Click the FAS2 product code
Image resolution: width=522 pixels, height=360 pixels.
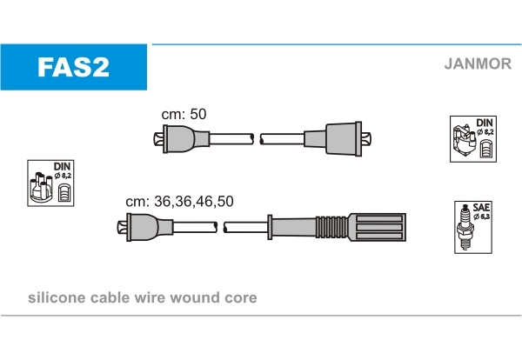[74, 67]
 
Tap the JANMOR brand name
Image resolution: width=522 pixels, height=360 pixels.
[478, 63]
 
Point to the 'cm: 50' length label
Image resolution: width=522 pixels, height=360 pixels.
[184, 114]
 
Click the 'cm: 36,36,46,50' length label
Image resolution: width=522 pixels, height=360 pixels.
[179, 201]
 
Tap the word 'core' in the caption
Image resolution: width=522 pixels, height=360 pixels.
[241, 298]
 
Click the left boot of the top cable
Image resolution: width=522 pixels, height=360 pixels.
[182, 139]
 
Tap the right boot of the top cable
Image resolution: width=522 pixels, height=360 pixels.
[338, 139]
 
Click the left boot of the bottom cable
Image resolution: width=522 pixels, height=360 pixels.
[145, 227]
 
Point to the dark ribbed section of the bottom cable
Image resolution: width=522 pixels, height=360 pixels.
[332, 227]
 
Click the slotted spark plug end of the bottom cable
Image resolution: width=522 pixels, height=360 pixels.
[378, 227]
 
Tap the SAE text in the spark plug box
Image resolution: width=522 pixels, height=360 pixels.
[481, 208]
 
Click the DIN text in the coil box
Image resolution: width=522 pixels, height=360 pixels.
[485, 123]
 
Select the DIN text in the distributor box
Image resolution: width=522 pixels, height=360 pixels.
[63, 166]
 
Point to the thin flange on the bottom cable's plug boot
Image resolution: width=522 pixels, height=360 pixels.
[270, 227]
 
